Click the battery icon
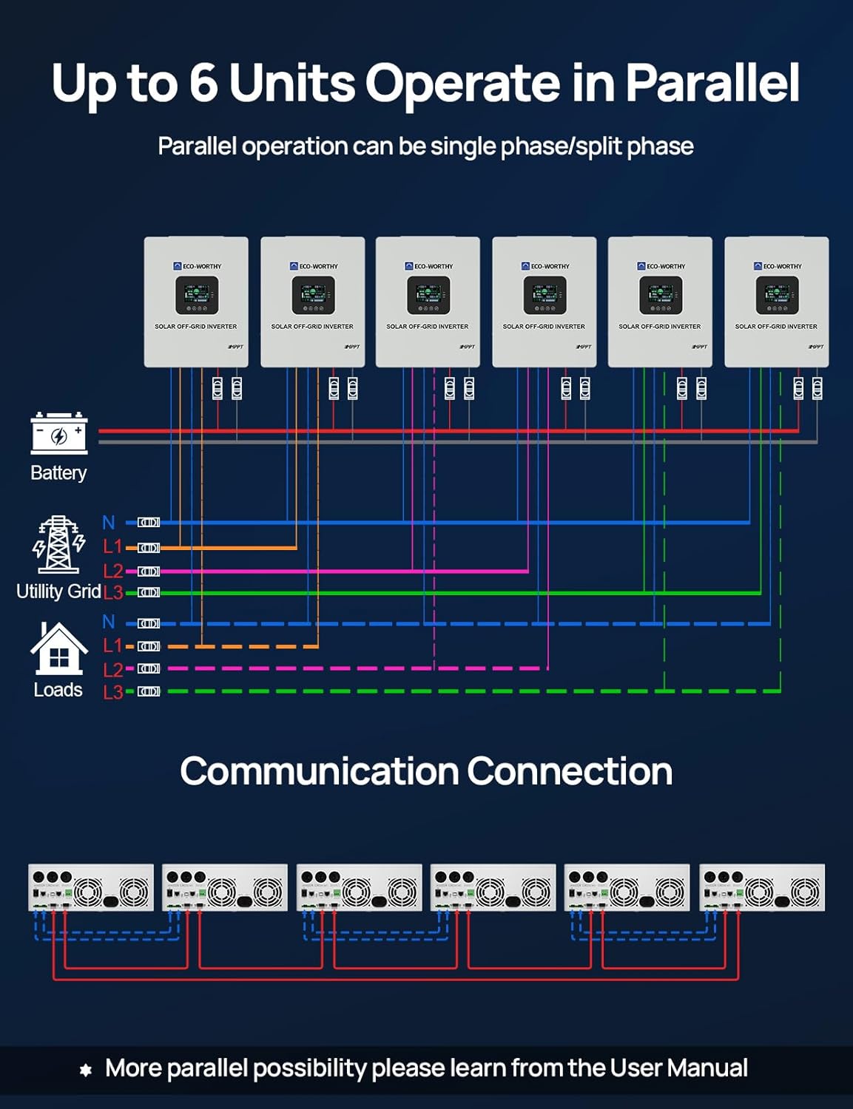[x=59, y=434]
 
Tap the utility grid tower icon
[x=58, y=545]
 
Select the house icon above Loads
[x=58, y=649]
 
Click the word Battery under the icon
[x=58, y=473]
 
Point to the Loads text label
[x=58, y=690]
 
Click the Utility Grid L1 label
[x=112, y=547]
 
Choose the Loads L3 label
[x=112, y=693]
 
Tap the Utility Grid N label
[x=109, y=523]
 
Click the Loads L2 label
[x=112, y=670]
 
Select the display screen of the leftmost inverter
[x=197, y=295]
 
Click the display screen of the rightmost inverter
[x=777, y=295]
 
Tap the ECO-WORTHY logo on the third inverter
[x=428, y=266]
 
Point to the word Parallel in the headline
[x=712, y=82]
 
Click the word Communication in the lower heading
[x=319, y=771]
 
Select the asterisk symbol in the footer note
[x=86, y=1070]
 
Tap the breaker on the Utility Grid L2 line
[x=149, y=572]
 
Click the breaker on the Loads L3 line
[x=149, y=691]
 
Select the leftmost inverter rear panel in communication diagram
[x=91, y=887]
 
